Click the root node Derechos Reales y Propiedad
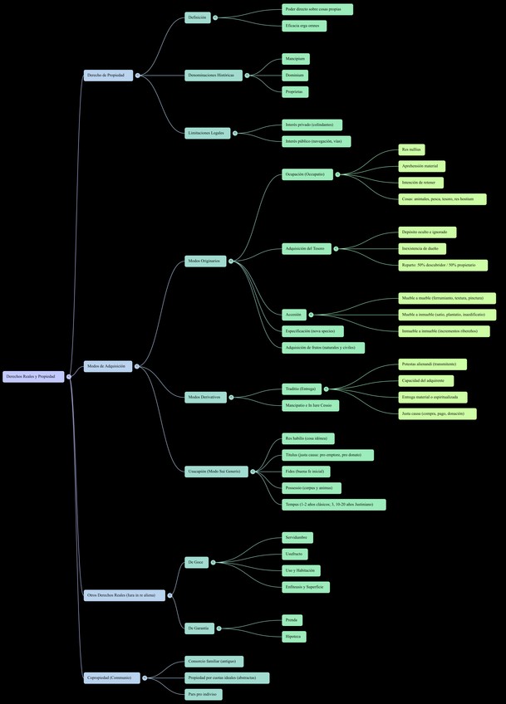[33, 377]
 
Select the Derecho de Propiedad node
[108, 76]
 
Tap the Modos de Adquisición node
[107, 366]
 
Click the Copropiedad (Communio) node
[111, 677]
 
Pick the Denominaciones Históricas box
[213, 76]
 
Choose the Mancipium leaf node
[295, 59]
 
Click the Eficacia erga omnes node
[303, 26]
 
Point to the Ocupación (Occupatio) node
[307, 174]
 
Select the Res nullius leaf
[411, 149]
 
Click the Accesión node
[293, 315]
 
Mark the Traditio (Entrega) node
[301, 389]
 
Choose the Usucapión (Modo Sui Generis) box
[216, 472]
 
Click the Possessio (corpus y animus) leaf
[311, 488]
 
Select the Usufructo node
[295, 554]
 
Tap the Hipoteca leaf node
[293, 637]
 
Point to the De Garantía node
[200, 628]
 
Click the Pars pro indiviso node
[204, 694]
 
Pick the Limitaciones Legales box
[207, 133]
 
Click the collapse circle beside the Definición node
[215, 17]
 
